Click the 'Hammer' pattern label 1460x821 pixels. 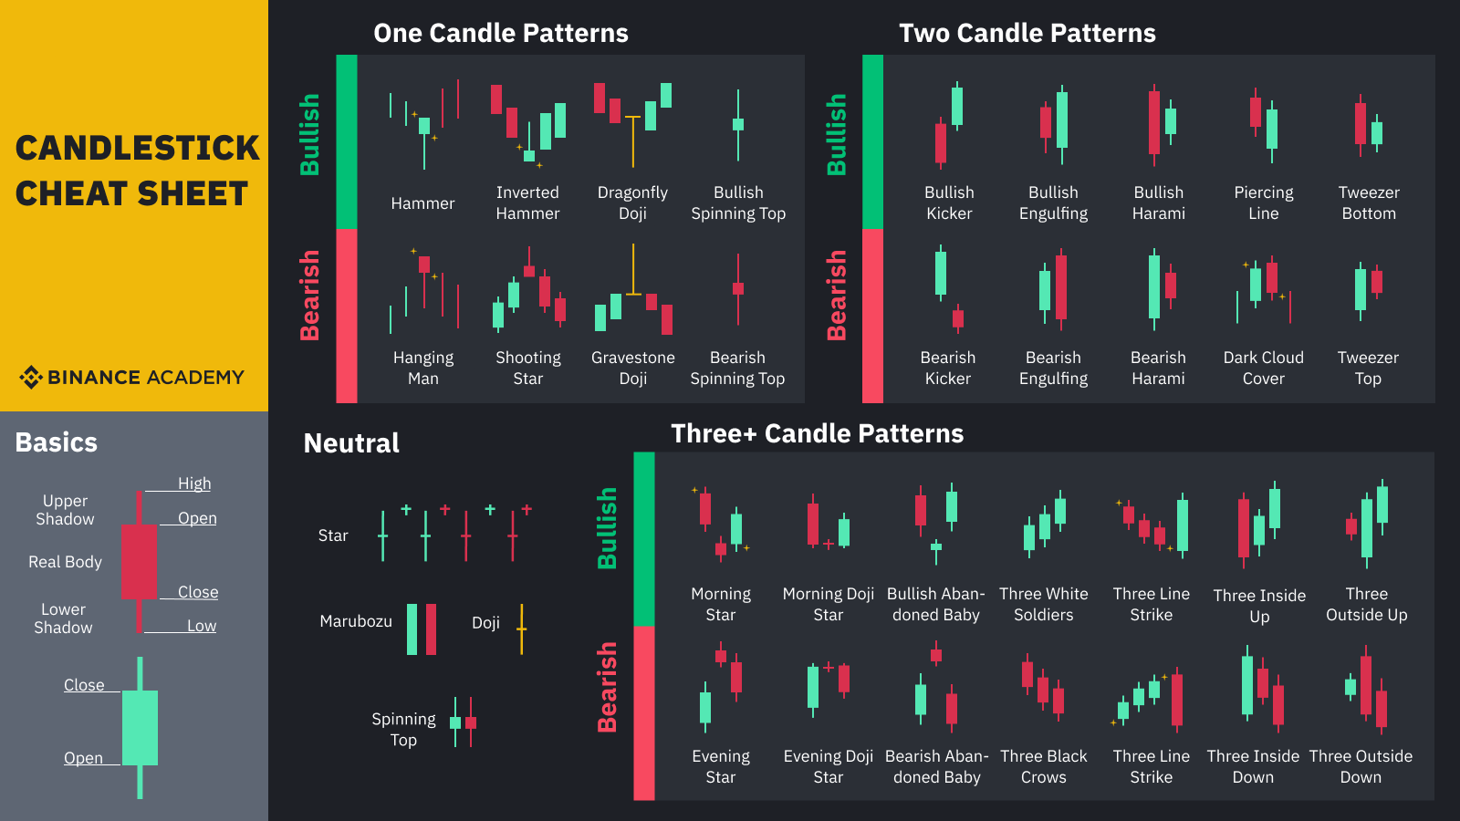422,203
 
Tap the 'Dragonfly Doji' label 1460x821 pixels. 632,203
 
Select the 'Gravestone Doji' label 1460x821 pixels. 632,368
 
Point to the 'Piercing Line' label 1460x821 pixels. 1263,203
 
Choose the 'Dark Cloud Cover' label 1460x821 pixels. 1263,368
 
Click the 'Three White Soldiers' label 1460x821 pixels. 1043,604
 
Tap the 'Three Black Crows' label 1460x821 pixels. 1043,766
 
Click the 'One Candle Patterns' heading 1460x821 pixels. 501,34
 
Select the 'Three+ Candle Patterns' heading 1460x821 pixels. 817,433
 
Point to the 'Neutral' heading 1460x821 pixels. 351,443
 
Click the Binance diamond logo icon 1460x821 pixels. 31,377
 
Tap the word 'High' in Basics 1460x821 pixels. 194,483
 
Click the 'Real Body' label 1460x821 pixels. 65,562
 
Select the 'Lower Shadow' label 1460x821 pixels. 63,618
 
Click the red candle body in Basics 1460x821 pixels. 139,561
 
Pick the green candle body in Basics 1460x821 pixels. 140,727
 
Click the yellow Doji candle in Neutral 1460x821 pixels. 521,629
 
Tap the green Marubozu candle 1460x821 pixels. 412,629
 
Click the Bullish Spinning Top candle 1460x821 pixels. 738,124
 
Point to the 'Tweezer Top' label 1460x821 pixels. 1368,368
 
